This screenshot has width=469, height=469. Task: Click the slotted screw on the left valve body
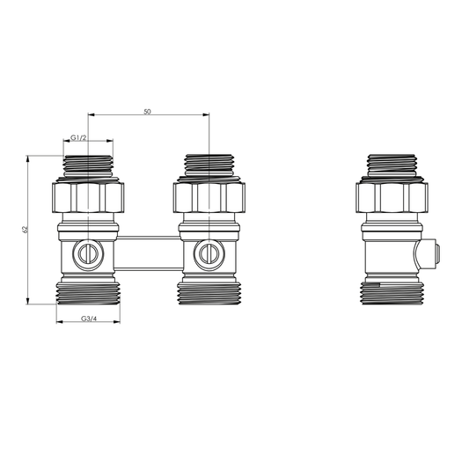tap(88, 255)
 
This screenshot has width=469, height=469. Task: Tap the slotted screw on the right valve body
tap(209, 255)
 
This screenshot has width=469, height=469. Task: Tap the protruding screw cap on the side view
tap(431, 255)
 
